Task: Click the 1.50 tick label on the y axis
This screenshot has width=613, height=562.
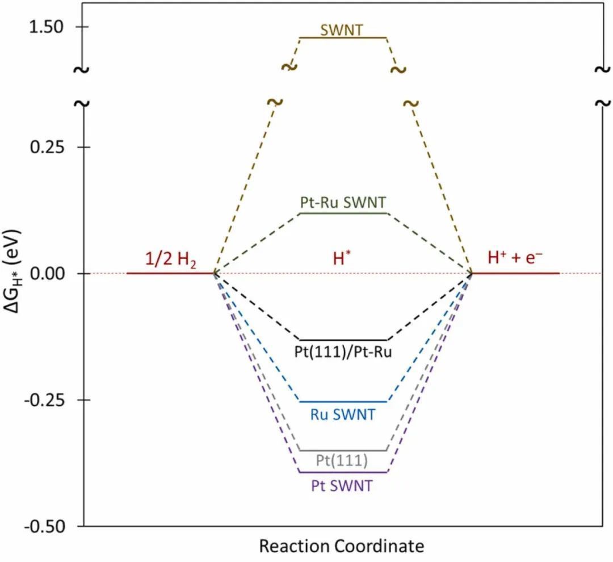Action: point(48,27)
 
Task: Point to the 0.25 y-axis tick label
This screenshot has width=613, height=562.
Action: point(48,147)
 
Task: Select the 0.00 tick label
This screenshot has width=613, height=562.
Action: point(48,273)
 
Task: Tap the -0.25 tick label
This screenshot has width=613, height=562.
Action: point(45,400)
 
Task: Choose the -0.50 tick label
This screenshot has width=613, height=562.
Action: point(45,526)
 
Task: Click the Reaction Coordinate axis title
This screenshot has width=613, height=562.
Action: point(342,546)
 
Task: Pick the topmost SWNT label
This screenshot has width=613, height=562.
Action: point(341,30)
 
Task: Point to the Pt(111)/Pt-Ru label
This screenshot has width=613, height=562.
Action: point(343,351)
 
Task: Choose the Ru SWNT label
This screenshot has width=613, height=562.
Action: point(343,414)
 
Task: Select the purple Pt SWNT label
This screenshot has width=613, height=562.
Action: point(343,485)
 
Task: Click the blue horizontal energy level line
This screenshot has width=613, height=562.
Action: point(343,401)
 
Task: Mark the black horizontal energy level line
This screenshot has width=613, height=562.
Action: point(343,339)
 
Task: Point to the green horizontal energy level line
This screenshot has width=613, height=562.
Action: point(343,213)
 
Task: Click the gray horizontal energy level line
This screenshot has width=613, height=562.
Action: point(343,450)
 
